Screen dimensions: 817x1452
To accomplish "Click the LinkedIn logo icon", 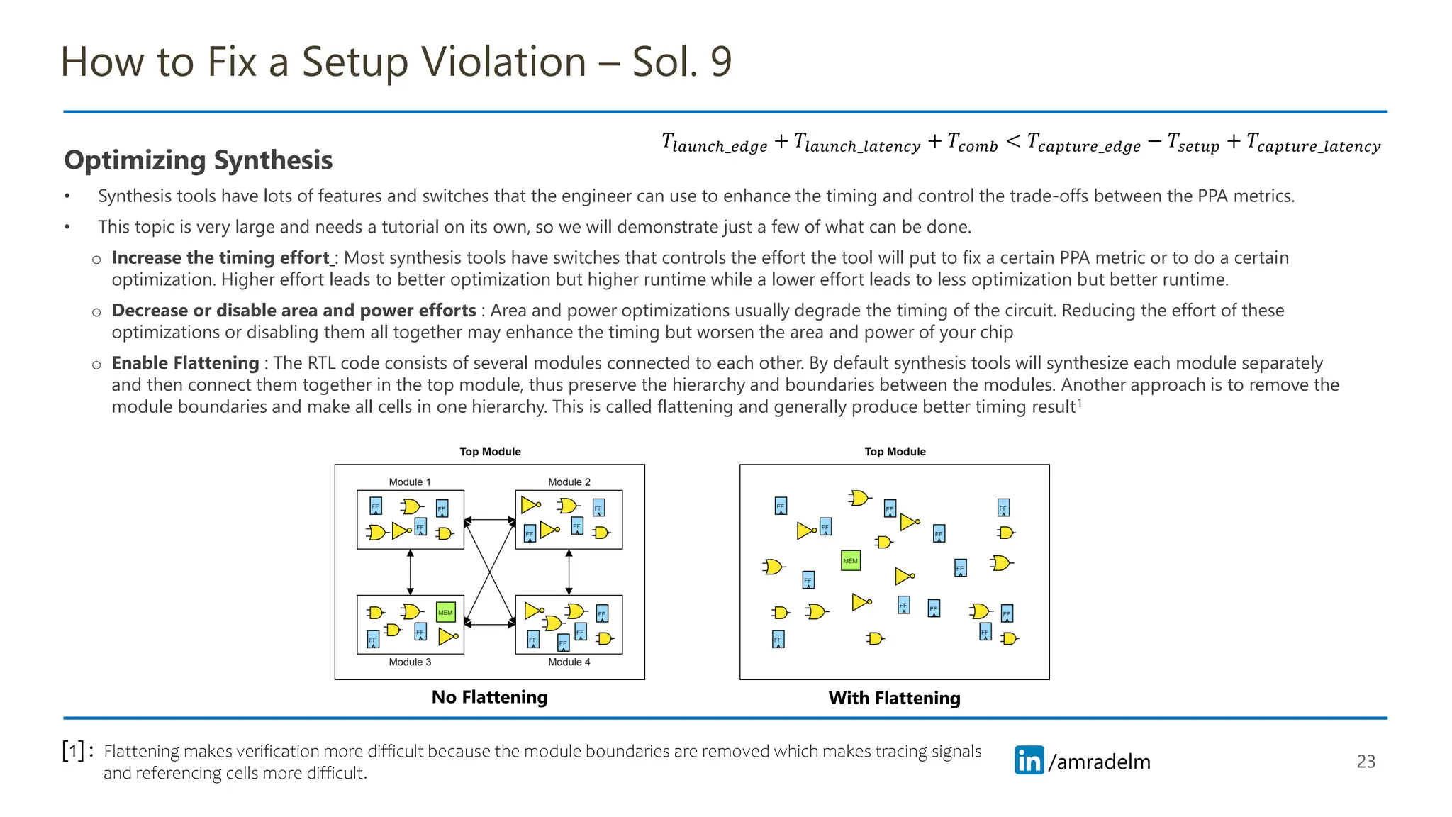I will click(1029, 760).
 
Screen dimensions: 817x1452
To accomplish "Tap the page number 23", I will click(1366, 761).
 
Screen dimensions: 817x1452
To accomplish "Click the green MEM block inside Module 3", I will click(445, 612).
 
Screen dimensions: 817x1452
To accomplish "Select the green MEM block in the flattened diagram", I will click(850, 561).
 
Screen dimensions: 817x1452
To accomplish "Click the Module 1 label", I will click(410, 482).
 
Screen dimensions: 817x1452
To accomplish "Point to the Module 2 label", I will click(569, 482).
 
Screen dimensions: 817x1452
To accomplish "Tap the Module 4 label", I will click(569, 662).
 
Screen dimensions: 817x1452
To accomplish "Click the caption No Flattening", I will click(489, 697).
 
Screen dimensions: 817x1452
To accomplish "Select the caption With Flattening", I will click(894, 698).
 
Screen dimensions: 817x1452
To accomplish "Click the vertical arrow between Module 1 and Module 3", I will click(410, 572).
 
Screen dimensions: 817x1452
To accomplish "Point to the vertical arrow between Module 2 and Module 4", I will click(569, 572).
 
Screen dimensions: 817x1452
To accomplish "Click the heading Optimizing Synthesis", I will click(198, 160).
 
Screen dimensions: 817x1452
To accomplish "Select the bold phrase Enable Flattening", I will click(185, 363).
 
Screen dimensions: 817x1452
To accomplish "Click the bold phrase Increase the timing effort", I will click(220, 257).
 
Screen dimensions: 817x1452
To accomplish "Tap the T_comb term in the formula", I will click(972, 143).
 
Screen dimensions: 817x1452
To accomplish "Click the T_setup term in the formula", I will click(1193, 143).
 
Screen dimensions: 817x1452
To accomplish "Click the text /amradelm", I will click(1099, 762).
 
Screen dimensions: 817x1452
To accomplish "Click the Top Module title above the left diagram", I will click(490, 452).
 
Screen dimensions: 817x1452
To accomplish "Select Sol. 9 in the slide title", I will click(681, 62).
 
